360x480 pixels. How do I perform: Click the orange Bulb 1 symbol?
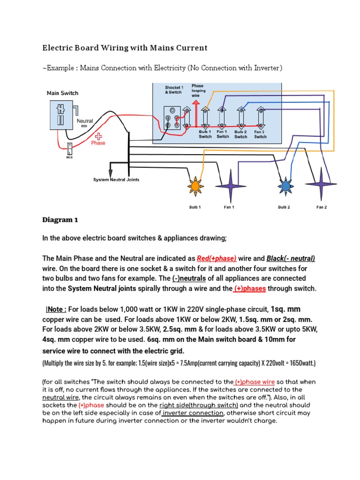tap(194, 186)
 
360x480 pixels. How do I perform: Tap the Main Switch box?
tap(61, 115)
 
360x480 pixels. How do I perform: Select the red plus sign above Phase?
tap(98, 135)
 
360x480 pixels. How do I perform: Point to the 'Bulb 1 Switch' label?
tap(205, 135)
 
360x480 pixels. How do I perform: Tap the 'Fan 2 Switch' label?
tap(260, 135)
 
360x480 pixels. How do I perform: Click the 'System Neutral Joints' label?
tap(116, 180)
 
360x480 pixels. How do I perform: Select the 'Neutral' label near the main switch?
tap(85, 121)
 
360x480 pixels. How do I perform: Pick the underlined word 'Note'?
tap(57, 309)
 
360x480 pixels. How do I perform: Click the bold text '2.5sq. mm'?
tap(178, 330)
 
